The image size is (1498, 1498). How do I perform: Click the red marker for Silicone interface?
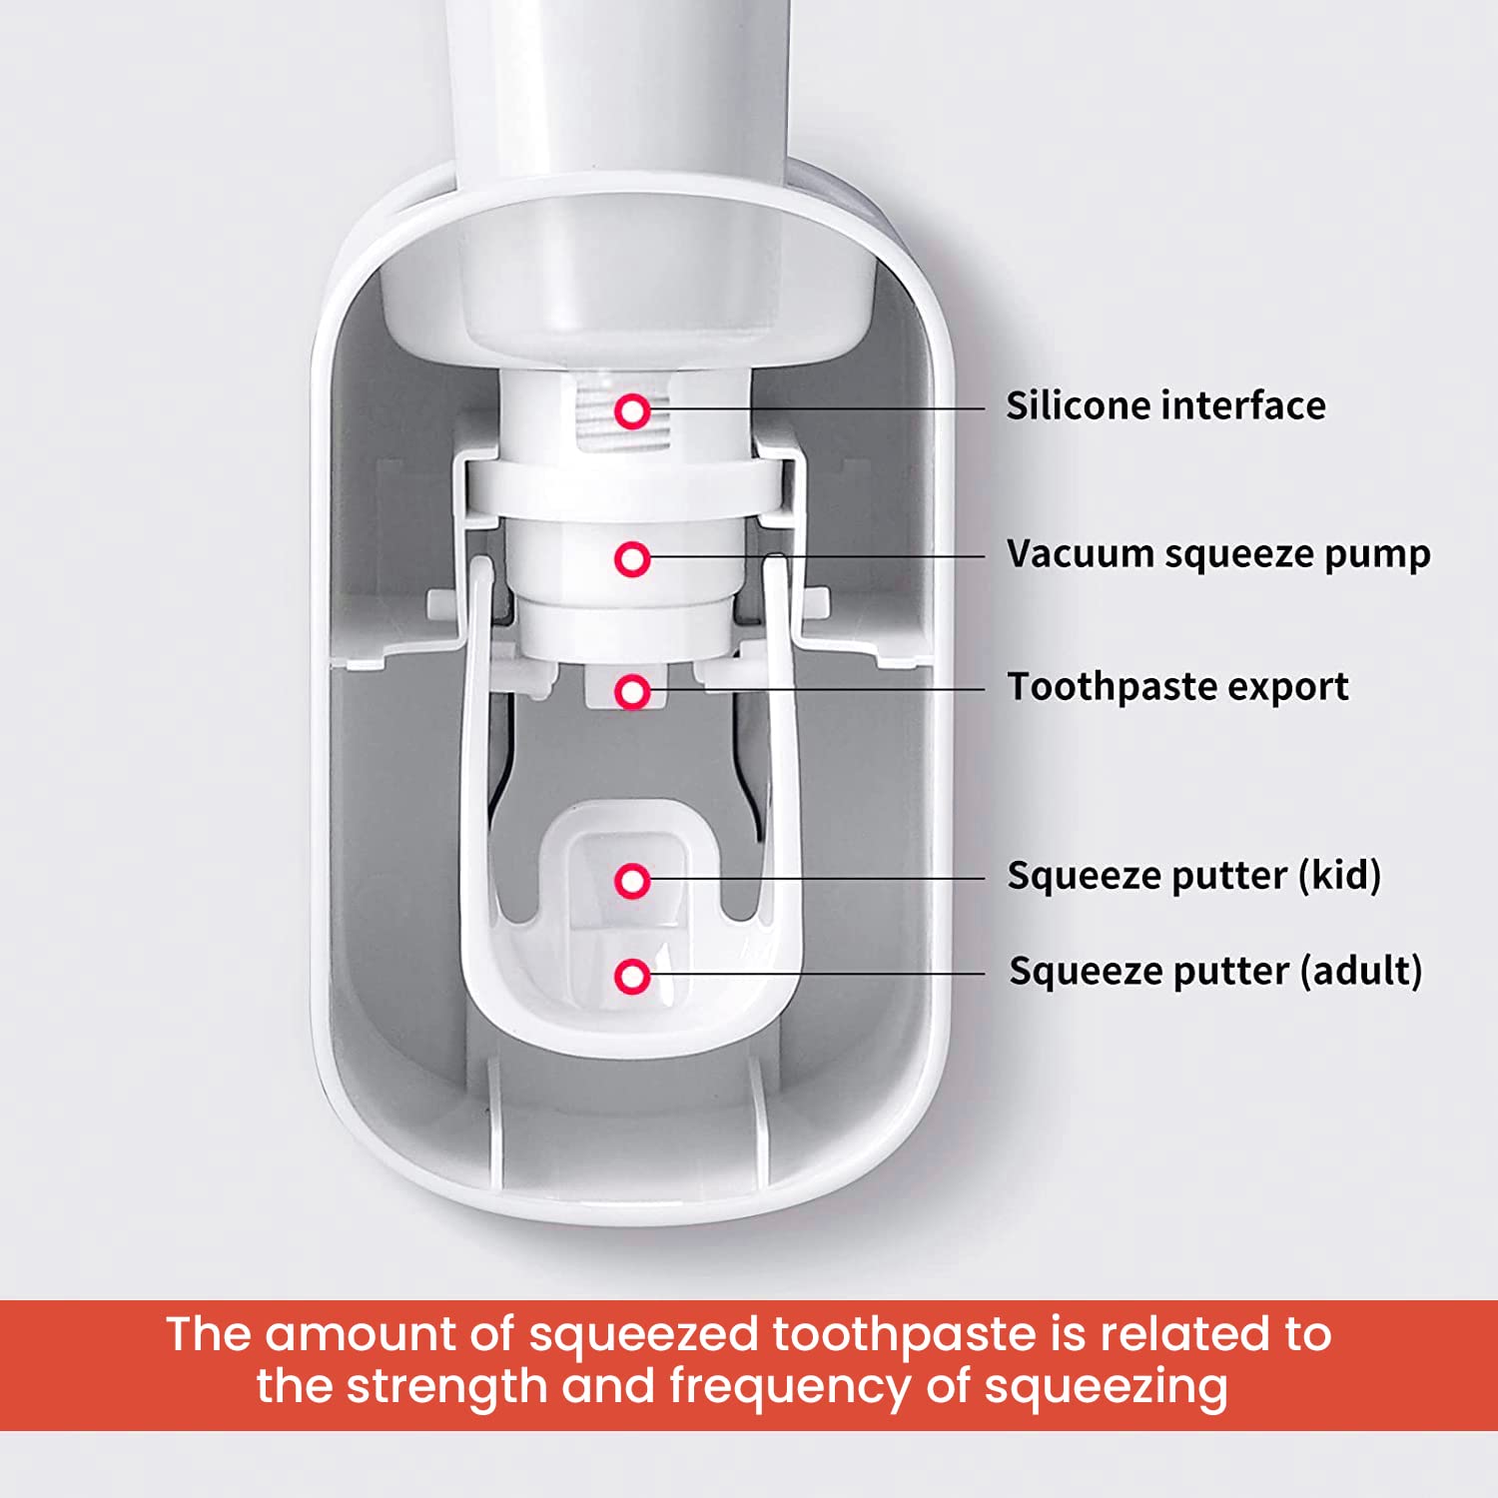(x=632, y=410)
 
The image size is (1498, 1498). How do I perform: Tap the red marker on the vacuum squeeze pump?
(x=632, y=559)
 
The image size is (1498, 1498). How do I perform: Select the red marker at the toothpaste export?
(x=632, y=691)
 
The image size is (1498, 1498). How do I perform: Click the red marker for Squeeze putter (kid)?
(x=632, y=881)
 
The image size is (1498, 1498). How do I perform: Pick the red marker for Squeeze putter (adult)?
(x=632, y=976)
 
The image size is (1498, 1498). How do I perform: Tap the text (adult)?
(x=1360, y=971)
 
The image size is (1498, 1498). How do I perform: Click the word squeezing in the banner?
(x=1106, y=1387)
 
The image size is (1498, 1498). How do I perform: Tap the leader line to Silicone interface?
(x=819, y=408)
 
